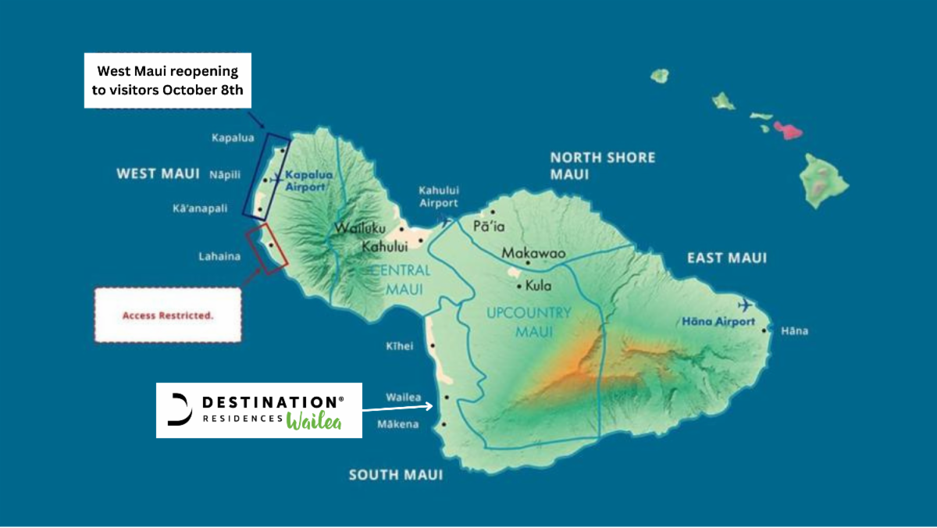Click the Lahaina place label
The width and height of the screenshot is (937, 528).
point(219,256)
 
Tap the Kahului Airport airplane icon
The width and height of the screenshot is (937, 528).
point(446,221)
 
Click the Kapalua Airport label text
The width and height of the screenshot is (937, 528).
point(308,180)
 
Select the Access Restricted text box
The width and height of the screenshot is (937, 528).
point(168,316)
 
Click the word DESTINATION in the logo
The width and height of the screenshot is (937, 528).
point(273,401)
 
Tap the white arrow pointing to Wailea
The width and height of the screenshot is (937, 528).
point(398,407)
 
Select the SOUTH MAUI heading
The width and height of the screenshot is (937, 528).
point(395,475)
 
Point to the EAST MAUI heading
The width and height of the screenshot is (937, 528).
point(726,258)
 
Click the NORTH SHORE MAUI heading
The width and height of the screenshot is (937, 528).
point(602,166)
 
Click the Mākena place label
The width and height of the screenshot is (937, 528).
point(397,426)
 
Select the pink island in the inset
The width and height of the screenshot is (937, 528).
point(788,130)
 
